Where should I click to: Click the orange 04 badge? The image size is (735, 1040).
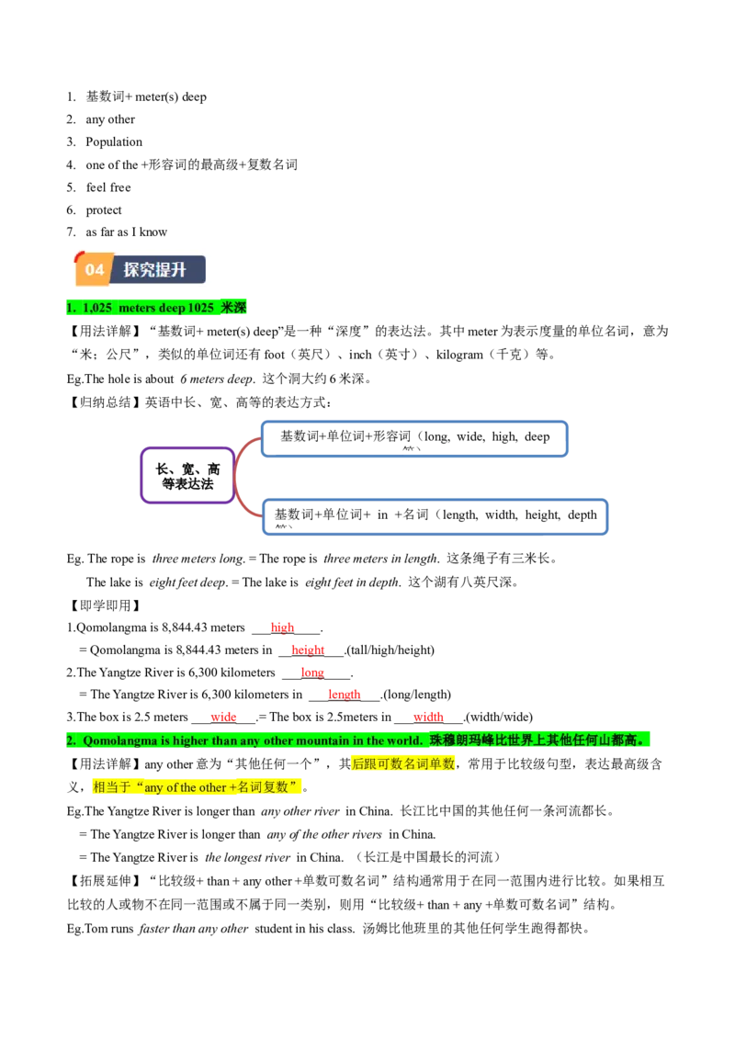coord(94,269)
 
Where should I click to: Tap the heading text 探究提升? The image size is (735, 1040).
coord(155,269)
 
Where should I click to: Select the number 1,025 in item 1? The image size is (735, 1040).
coord(98,308)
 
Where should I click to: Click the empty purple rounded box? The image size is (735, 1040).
coord(187,475)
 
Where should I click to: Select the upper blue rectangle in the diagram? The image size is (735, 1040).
coord(415,439)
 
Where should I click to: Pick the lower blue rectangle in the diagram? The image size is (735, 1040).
coord(434,515)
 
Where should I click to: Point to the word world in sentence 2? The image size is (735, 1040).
coord(403,740)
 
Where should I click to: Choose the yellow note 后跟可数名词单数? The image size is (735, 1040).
coord(402,763)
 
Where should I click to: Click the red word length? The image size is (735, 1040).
coord(345,695)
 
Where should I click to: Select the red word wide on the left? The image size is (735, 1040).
coord(224,717)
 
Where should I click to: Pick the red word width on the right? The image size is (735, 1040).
coord(429,717)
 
